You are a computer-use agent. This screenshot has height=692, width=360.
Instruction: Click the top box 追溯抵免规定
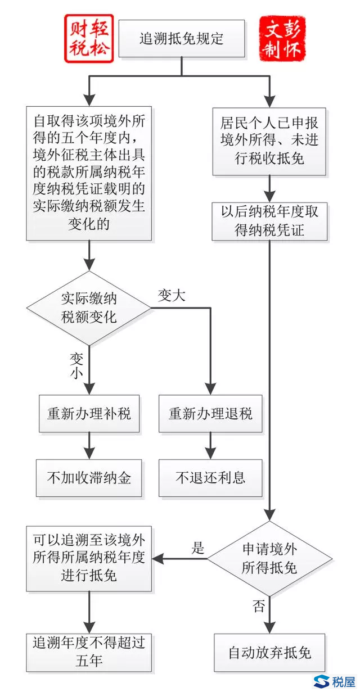(x=181, y=38)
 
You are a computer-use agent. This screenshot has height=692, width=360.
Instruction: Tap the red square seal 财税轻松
(x=88, y=38)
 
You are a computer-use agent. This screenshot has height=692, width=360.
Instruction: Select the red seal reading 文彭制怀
(x=282, y=38)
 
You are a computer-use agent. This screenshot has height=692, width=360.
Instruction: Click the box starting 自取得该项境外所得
(x=89, y=173)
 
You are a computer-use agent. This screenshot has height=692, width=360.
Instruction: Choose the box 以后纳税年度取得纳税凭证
(x=269, y=221)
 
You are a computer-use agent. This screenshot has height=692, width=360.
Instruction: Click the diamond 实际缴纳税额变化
(x=89, y=308)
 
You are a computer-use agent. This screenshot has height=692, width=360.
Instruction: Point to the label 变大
(x=172, y=296)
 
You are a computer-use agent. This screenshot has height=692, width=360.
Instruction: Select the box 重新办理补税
(x=89, y=414)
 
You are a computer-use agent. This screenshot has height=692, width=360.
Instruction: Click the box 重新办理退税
(x=210, y=414)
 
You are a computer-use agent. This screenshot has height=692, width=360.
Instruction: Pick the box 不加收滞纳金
(x=89, y=478)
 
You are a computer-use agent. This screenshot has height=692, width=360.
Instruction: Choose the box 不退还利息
(x=210, y=478)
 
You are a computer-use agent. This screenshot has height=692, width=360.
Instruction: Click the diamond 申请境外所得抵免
(x=269, y=559)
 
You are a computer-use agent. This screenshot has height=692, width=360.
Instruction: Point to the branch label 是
(x=198, y=549)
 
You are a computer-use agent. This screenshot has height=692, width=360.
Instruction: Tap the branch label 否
(x=258, y=606)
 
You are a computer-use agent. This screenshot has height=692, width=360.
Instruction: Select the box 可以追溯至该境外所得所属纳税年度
(x=89, y=559)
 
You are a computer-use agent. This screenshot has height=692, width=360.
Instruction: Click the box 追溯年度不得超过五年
(x=89, y=651)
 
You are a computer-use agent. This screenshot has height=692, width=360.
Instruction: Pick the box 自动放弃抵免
(x=269, y=653)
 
